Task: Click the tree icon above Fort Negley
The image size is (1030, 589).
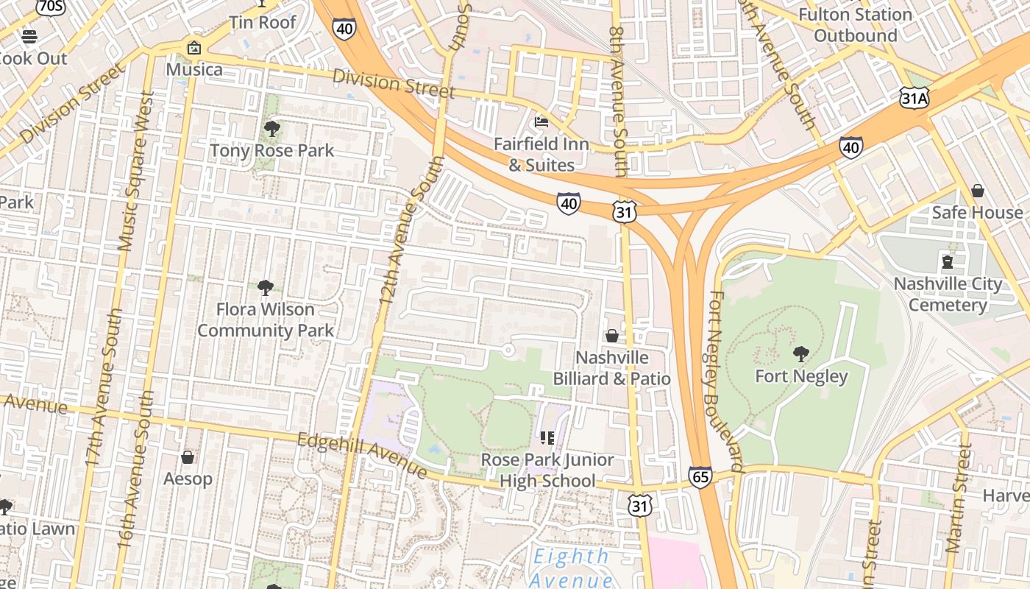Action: click(x=801, y=354)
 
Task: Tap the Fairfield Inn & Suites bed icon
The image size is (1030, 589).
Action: click(x=541, y=121)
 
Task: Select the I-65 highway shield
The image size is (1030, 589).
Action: click(x=700, y=477)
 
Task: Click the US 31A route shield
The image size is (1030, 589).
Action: click(x=914, y=97)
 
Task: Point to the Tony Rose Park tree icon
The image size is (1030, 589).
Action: click(x=271, y=130)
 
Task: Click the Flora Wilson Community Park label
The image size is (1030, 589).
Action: click(x=266, y=320)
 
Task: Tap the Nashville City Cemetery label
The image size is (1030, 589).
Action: click(x=948, y=294)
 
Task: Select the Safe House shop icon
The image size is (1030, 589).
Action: click(x=978, y=191)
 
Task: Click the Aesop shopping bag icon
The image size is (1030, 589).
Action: click(x=188, y=457)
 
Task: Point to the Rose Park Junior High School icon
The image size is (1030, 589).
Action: click(x=547, y=438)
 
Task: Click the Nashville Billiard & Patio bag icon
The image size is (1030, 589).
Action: click(x=611, y=336)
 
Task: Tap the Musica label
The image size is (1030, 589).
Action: click(x=194, y=69)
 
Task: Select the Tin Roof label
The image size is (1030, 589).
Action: click(x=263, y=22)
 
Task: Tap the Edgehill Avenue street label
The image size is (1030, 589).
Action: click(x=362, y=454)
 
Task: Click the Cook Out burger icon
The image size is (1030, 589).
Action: click(x=29, y=36)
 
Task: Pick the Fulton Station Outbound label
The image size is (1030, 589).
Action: click(x=855, y=25)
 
